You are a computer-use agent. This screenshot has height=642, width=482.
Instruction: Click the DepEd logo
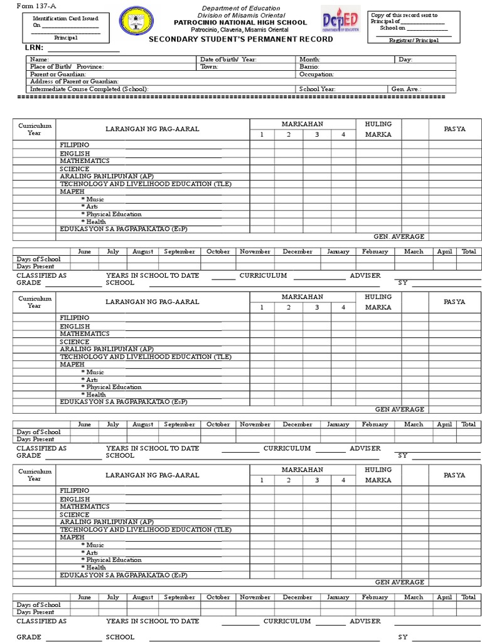pyautogui.click(x=340, y=23)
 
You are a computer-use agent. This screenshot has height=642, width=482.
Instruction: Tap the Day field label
pyautogui.click(x=405, y=60)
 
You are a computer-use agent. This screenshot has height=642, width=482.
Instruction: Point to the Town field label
pyautogui.click(x=209, y=66)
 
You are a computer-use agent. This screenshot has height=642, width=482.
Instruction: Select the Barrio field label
pyautogui.click(x=309, y=66)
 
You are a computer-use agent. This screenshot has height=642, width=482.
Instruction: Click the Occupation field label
pyautogui.click(x=316, y=74)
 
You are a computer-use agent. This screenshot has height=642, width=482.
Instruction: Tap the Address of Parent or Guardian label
pyautogui.click(x=74, y=82)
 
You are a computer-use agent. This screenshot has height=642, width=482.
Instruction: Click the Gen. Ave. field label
pyautogui.click(x=407, y=89)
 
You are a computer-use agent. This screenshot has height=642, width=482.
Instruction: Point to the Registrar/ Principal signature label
pyautogui.click(x=415, y=40)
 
